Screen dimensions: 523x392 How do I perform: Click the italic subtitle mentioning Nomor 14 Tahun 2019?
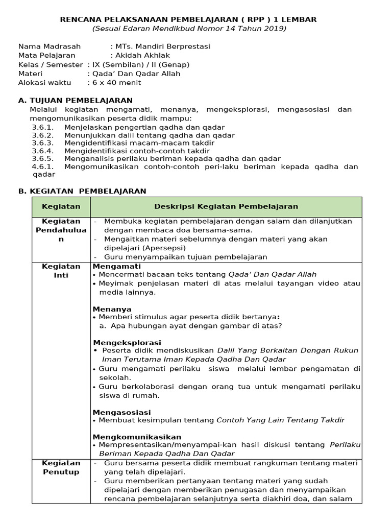[189, 28]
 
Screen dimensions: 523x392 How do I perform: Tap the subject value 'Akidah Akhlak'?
[143, 55]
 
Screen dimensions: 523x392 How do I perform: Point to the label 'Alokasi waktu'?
[45, 82]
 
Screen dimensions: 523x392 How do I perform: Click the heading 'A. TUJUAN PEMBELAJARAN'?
[75, 100]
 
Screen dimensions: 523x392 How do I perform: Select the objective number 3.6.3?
[42, 143]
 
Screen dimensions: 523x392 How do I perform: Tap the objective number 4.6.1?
[42, 167]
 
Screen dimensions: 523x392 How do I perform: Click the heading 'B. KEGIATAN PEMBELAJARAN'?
[82, 191]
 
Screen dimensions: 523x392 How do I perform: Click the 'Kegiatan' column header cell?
[61, 206]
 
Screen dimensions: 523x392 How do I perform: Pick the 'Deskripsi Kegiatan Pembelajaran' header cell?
[226, 206]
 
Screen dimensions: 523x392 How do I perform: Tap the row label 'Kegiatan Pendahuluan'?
[61, 230]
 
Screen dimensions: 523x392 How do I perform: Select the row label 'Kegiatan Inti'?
[61, 271]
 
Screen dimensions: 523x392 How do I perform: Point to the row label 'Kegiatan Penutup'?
[61, 467]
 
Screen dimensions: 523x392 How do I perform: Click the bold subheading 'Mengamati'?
[116, 266]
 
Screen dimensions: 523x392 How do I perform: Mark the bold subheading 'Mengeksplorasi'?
[127, 342]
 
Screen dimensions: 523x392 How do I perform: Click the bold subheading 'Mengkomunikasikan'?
[137, 437]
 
